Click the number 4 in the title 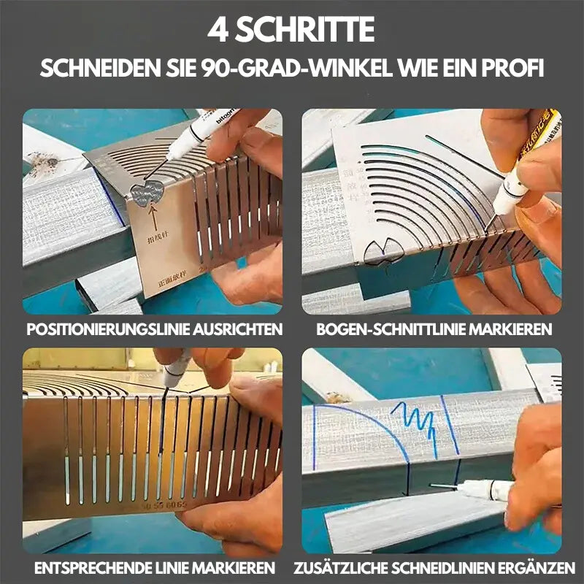click(x=218, y=30)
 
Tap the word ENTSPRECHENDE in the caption click(x=80, y=567)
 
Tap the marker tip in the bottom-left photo click(x=166, y=386)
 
